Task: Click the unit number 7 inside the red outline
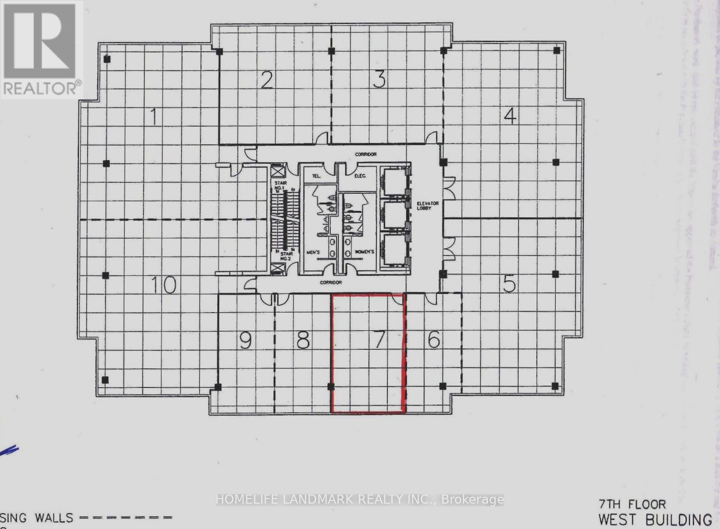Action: coord(379,339)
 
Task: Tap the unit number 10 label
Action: coord(163,285)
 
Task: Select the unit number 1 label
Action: coord(154,116)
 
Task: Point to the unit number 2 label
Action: coord(267,80)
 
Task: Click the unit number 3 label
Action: coord(379,79)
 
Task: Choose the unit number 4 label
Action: coord(510,116)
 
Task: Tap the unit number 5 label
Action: coord(509,284)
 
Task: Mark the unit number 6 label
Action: coord(434,339)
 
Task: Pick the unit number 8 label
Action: coord(303,340)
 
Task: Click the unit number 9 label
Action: coord(245,340)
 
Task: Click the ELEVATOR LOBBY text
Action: coord(427,206)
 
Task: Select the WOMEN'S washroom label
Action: coord(364,252)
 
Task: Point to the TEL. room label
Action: coord(317,176)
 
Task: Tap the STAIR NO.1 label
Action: coord(280,185)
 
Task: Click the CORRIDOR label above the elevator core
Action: coord(366,155)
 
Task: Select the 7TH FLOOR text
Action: coord(632,504)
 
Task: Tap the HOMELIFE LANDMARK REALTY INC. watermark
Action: coord(360,500)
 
